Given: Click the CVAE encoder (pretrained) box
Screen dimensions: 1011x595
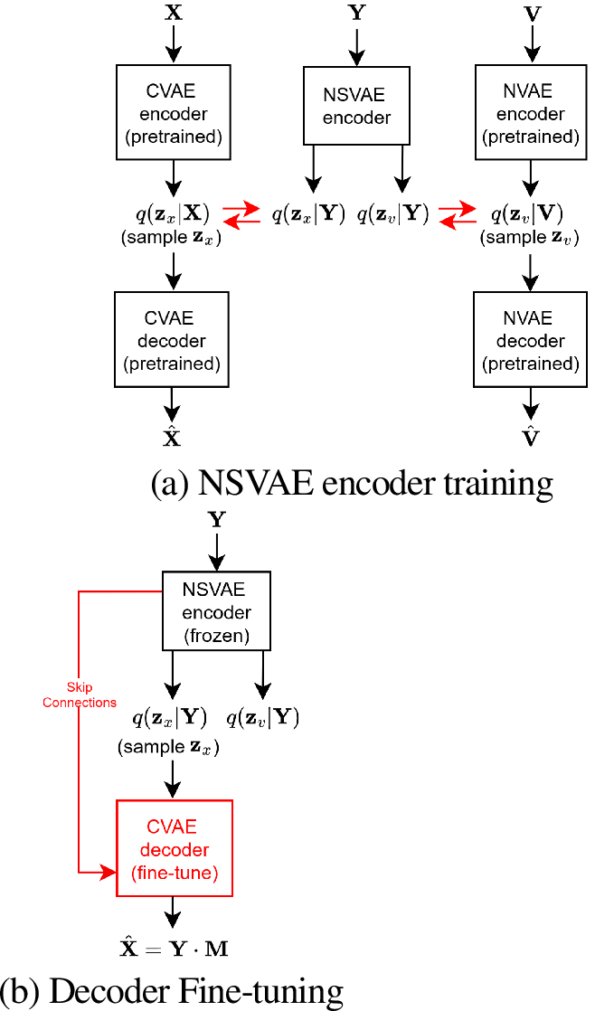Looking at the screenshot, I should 174,114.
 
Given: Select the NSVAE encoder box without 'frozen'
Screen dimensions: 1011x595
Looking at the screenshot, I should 357,106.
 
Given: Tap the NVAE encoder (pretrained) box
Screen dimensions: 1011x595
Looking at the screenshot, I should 531,114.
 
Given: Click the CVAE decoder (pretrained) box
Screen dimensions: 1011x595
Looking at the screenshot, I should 170,341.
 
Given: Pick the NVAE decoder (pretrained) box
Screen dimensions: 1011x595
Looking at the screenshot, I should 531,341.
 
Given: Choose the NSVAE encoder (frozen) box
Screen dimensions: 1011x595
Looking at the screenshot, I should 216,611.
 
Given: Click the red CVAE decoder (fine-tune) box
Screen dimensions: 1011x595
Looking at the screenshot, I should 175,849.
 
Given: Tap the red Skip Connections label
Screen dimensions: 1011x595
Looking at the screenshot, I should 80,694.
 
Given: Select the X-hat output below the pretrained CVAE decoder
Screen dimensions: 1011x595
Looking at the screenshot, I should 172,438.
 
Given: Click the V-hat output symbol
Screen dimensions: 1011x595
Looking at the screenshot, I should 533,438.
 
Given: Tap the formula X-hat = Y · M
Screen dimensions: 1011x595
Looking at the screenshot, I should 175,946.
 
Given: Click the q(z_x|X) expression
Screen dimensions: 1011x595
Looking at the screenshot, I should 172,213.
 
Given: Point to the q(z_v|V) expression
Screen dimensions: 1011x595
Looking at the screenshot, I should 527,213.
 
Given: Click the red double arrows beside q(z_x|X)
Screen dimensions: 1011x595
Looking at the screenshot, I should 241,214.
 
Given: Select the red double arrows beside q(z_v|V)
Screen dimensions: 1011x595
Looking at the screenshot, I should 458,214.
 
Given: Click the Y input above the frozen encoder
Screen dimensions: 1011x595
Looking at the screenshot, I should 217,520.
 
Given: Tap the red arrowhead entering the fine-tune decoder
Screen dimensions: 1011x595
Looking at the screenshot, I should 110,872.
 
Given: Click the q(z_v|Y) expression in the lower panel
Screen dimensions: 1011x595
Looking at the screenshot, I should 263,719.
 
